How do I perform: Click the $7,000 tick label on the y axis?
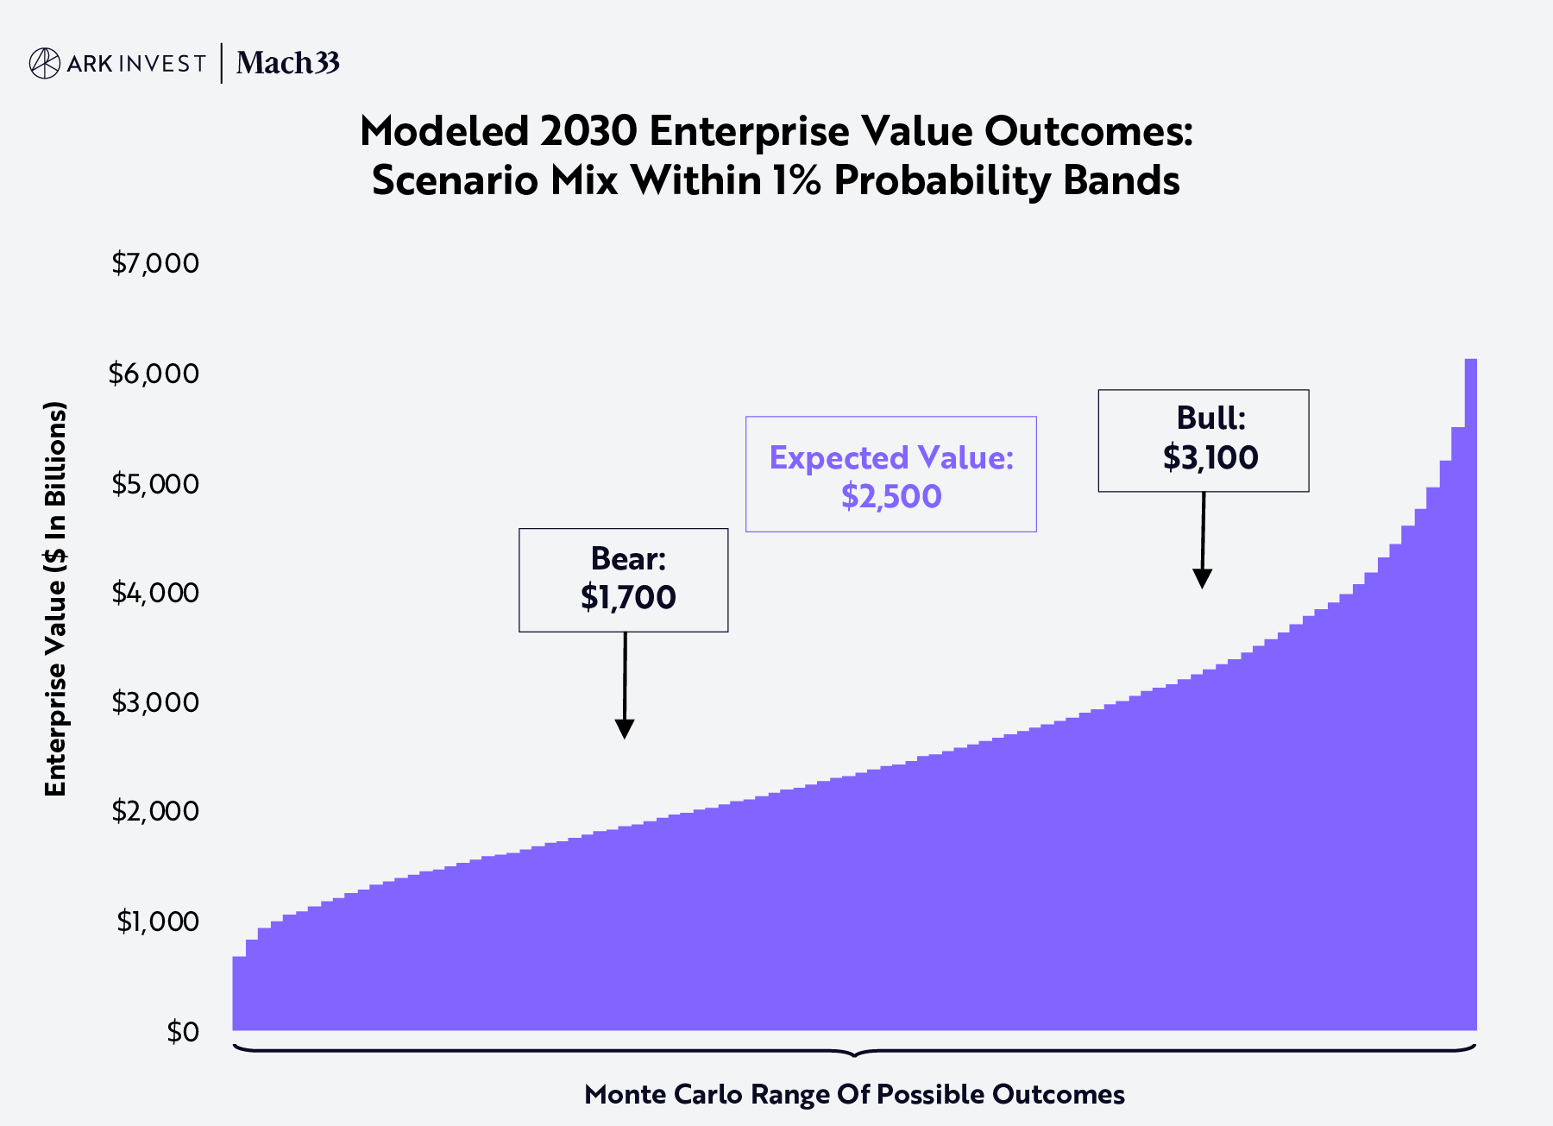[x=155, y=263]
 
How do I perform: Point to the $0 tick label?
[x=183, y=1031]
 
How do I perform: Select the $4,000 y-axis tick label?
[x=155, y=593]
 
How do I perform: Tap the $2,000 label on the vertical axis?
[x=155, y=811]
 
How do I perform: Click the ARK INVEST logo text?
[x=135, y=64]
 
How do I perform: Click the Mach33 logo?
[x=287, y=63]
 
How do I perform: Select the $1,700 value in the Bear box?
[x=627, y=597]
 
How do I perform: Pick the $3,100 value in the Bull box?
[x=1210, y=457]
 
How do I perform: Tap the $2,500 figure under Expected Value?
[x=891, y=496]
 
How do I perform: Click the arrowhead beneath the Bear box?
[x=625, y=729]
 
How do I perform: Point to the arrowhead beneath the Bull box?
[x=1202, y=579]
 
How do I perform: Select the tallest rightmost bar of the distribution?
[x=1470, y=690]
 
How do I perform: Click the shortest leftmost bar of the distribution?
[x=239, y=992]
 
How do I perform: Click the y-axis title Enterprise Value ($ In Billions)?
[x=55, y=598]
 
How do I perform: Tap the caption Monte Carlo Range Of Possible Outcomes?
[x=854, y=1094]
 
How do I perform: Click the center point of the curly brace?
[x=854, y=1054]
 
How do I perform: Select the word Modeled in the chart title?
[x=444, y=131]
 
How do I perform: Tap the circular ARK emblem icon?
[x=45, y=63]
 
